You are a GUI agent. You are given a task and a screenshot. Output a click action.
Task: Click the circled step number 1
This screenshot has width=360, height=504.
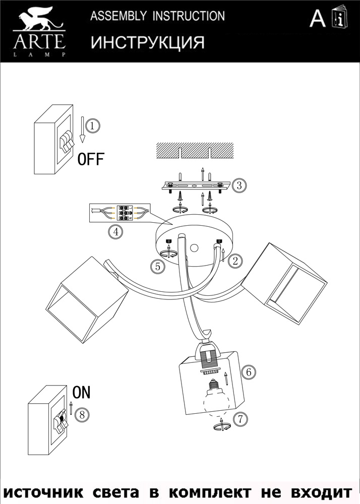point(92,125)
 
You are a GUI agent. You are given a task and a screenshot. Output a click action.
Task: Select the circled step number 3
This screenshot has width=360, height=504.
point(240,185)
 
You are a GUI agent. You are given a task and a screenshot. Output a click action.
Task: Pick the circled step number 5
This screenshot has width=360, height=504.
point(159,266)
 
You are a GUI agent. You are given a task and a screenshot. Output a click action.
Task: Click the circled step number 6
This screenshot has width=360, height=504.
point(247,372)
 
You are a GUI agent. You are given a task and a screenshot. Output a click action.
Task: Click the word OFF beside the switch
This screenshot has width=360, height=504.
point(91,160)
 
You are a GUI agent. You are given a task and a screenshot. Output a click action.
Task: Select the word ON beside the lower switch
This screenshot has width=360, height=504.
point(82,392)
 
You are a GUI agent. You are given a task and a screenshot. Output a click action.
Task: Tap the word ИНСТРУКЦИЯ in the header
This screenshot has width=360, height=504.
point(147,43)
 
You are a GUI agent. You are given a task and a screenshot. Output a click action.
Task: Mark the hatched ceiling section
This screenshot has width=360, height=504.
point(195,150)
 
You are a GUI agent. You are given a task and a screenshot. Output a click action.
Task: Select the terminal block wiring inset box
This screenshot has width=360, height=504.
point(119,214)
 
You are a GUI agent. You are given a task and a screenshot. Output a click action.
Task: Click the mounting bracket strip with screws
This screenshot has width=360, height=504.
point(196,185)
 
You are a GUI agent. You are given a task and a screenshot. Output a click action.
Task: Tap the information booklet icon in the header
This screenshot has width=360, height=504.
point(339,18)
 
